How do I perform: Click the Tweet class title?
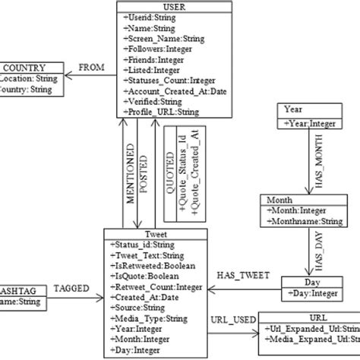click(x=154, y=235)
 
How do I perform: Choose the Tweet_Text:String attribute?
click(x=150, y=255)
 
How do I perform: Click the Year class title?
click(x=292, y=109)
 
